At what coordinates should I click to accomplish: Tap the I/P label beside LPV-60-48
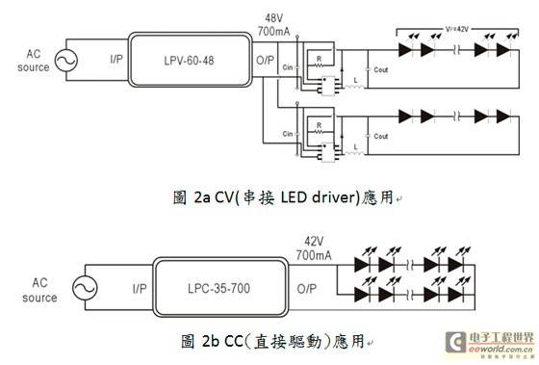[x=115, y=60]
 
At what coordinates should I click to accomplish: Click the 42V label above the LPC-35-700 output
[x=316, y=241]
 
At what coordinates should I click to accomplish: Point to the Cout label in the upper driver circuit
[x=379, y=70]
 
